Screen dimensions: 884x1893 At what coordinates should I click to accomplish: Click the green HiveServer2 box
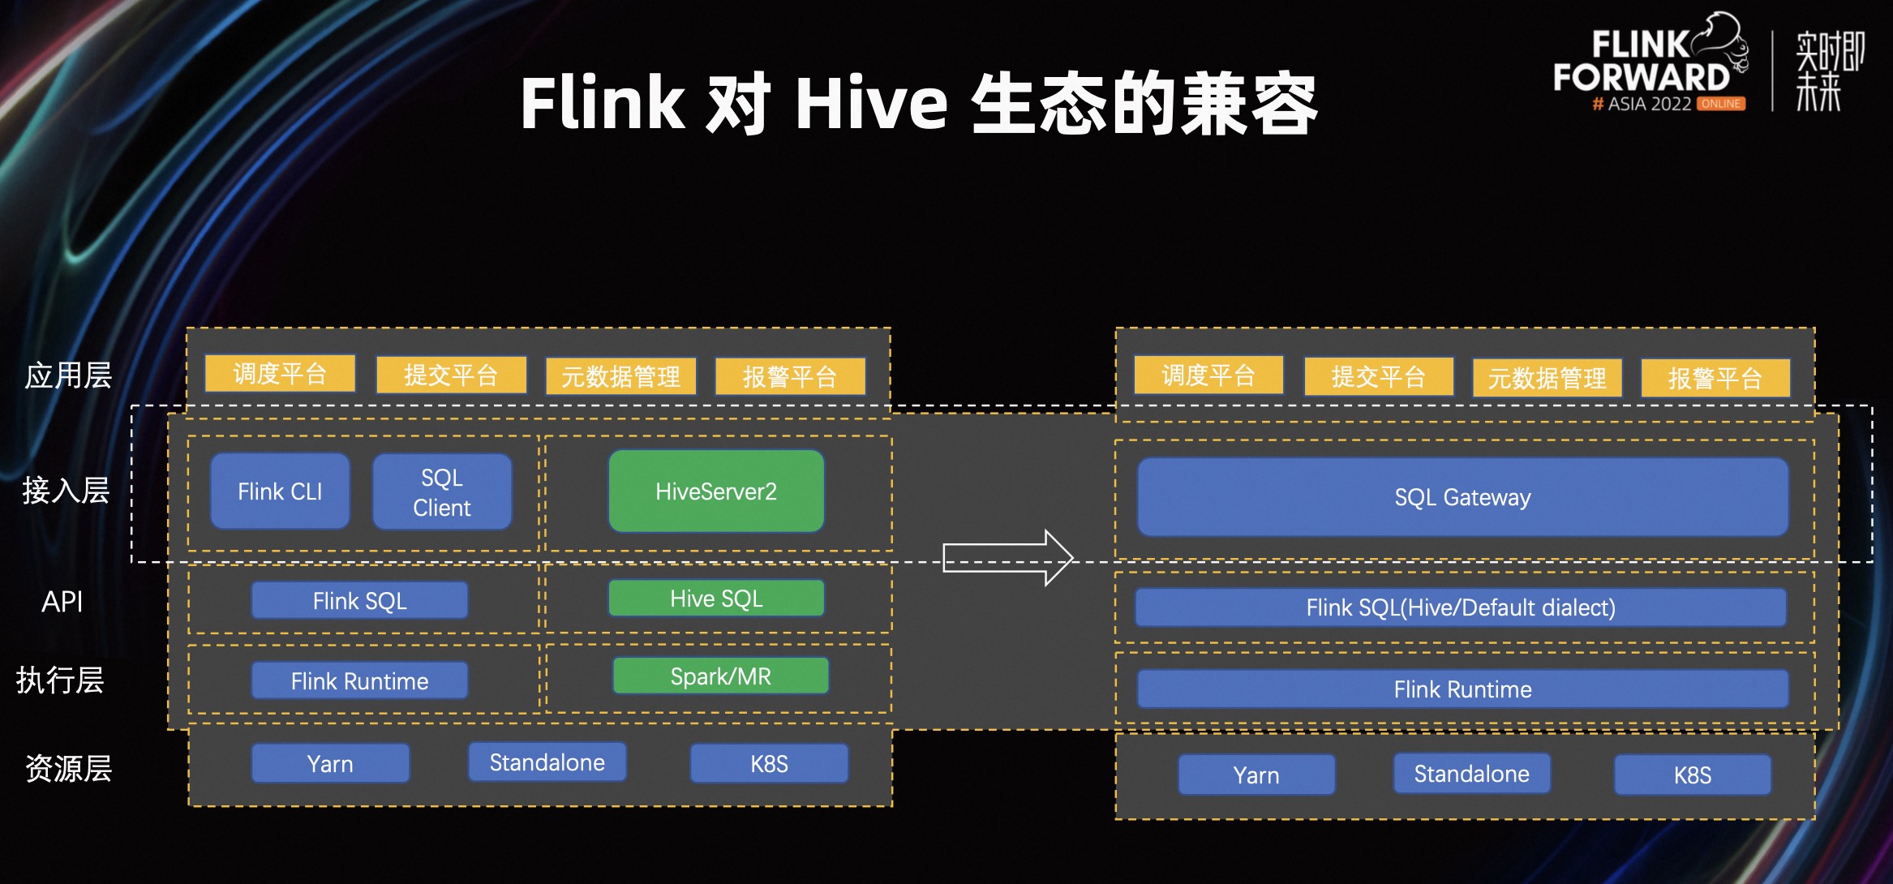(716, 491)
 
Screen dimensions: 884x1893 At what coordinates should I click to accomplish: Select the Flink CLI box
(280, 491)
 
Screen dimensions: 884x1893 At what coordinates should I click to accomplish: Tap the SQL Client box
(442, 492)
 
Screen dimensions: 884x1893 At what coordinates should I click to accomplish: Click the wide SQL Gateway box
(1462, 497)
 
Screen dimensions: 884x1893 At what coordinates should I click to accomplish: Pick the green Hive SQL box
(716, 599)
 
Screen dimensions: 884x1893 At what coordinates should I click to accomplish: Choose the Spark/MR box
(720, 676)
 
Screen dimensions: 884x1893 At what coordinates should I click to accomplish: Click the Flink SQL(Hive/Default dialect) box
(1460, 607)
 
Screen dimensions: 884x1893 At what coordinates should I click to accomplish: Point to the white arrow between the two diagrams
(1008, 558)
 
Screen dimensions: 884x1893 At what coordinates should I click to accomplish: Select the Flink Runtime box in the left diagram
(359, 680)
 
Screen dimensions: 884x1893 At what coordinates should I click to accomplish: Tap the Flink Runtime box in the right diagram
(1462, 689)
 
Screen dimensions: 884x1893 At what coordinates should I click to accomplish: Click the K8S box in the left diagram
(769, 764)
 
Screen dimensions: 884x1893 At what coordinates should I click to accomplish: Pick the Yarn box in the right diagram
(1256, 775)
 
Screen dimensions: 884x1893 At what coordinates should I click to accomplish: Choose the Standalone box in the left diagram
(547, 762)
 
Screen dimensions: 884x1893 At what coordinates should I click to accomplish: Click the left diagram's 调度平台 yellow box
(280, 374)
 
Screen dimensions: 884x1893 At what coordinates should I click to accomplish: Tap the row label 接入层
(66, 490)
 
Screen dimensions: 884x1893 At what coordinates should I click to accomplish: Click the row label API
(62, 602)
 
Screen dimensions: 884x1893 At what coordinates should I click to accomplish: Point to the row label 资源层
(68, 768)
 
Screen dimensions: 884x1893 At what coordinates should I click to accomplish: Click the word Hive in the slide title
(870, 104)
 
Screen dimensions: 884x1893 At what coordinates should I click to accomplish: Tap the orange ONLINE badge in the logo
(1721, 104)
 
